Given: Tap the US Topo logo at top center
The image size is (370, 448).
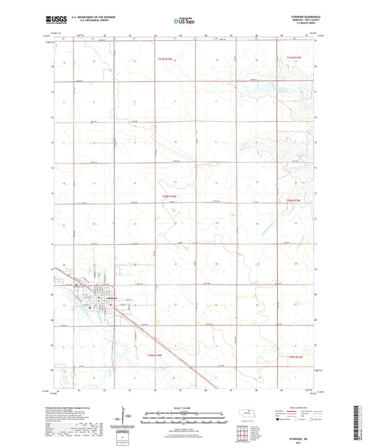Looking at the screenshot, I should (183, 22).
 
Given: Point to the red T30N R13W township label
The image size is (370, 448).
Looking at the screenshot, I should (294, 200).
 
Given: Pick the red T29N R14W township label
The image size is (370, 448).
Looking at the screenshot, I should (155, 355).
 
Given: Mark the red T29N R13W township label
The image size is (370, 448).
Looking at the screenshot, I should (296, 356).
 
